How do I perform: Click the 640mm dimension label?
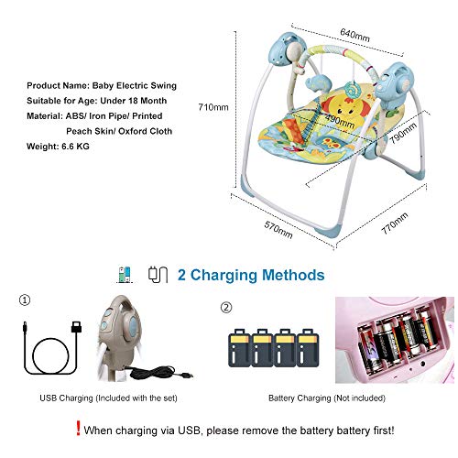pyautogui.click(x=354, y=35)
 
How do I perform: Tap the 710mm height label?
pyautogui.click(x=213, y=107)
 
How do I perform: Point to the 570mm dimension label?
pyautogui.click(x=278, y=230)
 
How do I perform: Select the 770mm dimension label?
pyautogui.click(x=394, y=223)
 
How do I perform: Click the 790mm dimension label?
pyautogui.click(x=403, y=133)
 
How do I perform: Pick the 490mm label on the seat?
pyautogui.click(x=340, y=121)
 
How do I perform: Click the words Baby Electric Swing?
pyautogui.click(x=135, y=86)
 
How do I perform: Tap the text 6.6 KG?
pyautogui.click(x=75, y=147)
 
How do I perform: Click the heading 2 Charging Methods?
pyautogui.click(x=251, y=275)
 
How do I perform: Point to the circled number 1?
pyautogui.click(x=25, y=300)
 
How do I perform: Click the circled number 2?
pyautogui.click(x=226, y=308)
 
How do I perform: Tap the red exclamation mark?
pyautogui.click(x=78, y=429)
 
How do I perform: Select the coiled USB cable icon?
pyautogui.click(x=50, y=348)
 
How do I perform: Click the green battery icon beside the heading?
pyautogui.click(x=125, y=275)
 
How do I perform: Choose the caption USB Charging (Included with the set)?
pyautogui.click(x=108, y=398)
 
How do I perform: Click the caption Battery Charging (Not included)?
pyautogui.click(x=327, y=398)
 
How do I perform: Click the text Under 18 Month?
pyautogui.click(x=134, y=101)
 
